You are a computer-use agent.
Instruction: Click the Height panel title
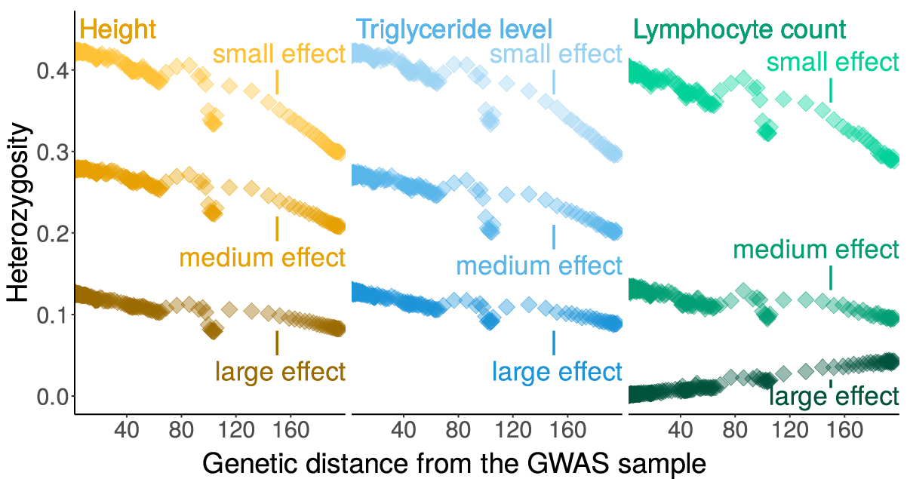[117, 30]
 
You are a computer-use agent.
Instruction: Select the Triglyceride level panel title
[454, 30]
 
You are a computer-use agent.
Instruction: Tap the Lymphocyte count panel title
[739, 31]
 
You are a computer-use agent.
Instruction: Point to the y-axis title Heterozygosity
[19, 214]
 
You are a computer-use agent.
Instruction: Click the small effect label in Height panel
[279, 54]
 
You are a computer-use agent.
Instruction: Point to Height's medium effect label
[262, 258]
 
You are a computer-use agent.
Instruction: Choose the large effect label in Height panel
[281, 372]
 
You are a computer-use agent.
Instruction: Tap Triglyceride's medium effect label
[539, 266]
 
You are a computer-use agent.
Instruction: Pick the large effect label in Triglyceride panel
[557, 372]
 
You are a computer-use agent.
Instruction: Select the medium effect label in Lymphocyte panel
[816, 250]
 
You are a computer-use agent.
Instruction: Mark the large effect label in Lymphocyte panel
[834, 397]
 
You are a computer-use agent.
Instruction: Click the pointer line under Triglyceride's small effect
[554, 82]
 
